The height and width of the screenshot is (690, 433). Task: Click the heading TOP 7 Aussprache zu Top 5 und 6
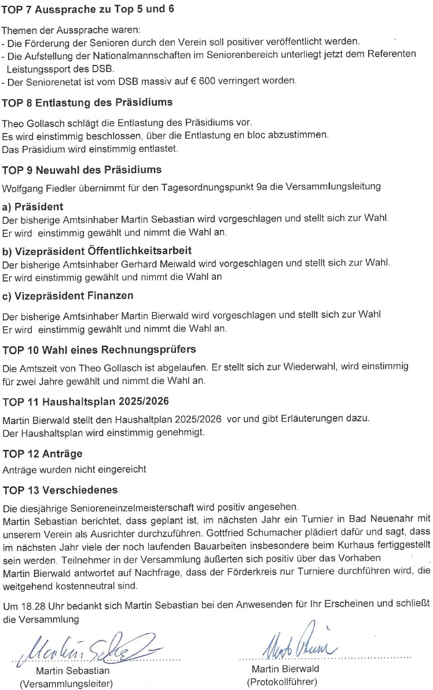[x=87, y=10]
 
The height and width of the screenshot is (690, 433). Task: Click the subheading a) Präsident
[x=33, y=207]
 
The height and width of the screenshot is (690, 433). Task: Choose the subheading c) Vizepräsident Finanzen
[x=68, y=295]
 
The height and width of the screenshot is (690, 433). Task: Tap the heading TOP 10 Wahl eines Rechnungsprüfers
[x=99, y=349]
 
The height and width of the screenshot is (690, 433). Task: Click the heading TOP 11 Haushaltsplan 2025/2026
[x=86, y=402]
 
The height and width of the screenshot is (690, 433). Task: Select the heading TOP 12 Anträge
[x=42, y=453]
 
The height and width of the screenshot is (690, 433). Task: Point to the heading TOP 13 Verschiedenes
[x=60, y=490]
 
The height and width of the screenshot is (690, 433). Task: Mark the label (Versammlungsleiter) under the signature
[x=66, y=683]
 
